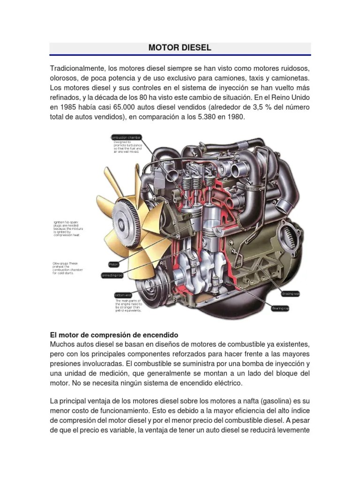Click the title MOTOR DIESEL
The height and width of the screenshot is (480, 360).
pyautogui.click(x=180, y=48)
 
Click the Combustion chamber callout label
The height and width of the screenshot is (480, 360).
pyautogui.click(x=126, y=137)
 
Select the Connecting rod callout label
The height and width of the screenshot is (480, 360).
pyautogui.click(x=112, y=276)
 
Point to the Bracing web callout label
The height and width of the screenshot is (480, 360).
pyautogui.click(x=290, y=294)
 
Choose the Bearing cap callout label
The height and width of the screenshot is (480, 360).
pyautogui.click(x=281, y=308)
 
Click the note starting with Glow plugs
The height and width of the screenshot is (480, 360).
pyautogui.click(x=66, y=268)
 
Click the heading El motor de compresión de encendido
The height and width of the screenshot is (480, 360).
pyautogui.click(x=114, y=335)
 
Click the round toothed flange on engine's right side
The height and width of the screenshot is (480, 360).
pyautogui.click(x=292, y=234)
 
